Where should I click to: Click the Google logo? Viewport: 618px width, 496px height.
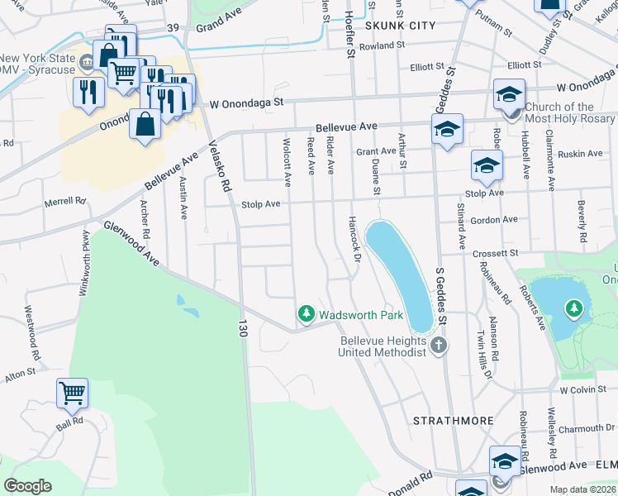click(28, 485)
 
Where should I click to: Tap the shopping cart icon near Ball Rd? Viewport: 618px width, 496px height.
click(72, 393)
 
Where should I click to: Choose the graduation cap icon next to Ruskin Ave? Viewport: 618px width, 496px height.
click(487, 165)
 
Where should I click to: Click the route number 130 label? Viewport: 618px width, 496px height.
click(243, 328)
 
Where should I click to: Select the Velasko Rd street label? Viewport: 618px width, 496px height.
click(218, 165)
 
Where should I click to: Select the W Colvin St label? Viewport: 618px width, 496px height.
click(583, 389)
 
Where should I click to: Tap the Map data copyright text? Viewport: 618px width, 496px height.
click(583, 489)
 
